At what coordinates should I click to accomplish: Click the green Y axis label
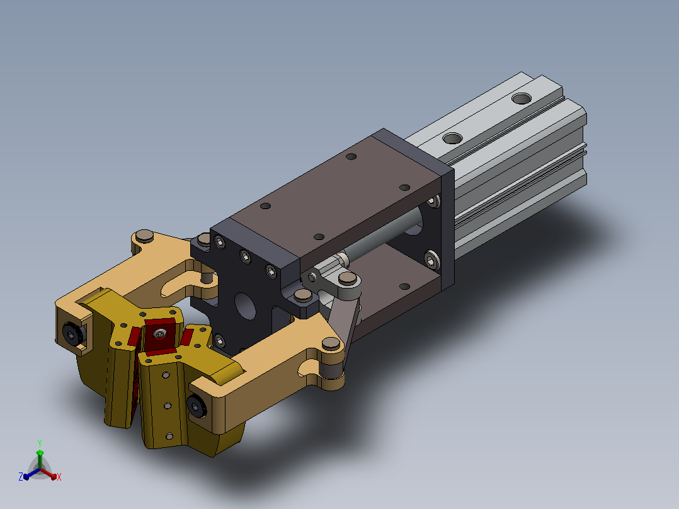tap(40, 443)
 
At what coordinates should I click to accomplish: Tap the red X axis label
tap(59, 477)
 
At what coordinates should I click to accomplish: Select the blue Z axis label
tap(21, 476)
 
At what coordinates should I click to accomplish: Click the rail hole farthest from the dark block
tap(522, 99)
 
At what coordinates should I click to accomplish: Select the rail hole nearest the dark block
tap(452, 138)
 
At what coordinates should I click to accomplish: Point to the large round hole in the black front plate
tap(245, 306)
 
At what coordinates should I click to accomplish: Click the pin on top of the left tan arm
tap(144, 236)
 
